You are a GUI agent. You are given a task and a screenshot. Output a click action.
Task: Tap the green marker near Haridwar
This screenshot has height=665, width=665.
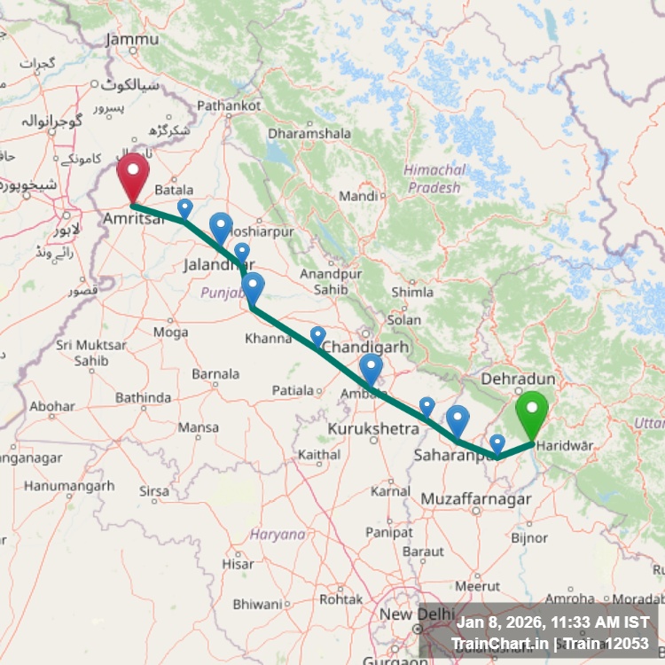[x=532, y=412]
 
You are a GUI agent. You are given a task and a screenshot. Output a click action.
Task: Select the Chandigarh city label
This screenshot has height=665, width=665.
[x=365, y=347]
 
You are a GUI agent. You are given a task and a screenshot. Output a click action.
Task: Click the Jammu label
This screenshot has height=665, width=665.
[x=132, y=39]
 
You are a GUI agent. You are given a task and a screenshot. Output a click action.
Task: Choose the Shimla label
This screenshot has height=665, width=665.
[x=412, y=292]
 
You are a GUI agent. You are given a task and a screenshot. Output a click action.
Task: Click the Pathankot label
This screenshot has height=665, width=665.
[x=229, y=106]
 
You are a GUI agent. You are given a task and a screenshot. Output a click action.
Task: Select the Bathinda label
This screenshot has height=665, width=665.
[x=143, y=397]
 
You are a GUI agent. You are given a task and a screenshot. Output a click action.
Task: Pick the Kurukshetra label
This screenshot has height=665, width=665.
[x=372, y=429]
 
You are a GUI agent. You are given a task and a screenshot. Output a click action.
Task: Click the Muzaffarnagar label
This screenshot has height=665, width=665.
[x=477, y=500]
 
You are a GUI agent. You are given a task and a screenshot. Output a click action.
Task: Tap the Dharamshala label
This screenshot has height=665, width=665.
[x=309, y=133]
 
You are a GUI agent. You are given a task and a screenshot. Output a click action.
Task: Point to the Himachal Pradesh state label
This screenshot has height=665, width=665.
[x=434, y=178]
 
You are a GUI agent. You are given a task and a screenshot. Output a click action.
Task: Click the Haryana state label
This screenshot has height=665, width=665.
[x=278, y=534]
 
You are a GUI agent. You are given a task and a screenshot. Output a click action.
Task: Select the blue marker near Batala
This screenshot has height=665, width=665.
[x=184, y=207]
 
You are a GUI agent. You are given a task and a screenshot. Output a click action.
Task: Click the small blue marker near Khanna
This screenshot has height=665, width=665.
[x=317, y=335]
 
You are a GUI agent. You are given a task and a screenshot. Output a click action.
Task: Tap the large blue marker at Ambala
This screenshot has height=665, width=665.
[x=372, y=367]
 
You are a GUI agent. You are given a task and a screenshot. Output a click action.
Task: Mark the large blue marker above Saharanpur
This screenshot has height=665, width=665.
[x=458, y=418]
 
